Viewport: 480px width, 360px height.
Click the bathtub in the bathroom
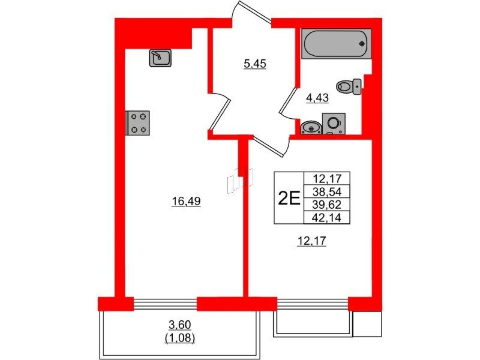point(336,43)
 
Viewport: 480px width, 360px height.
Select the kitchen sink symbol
point(160,58)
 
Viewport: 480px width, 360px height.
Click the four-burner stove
point(138,123)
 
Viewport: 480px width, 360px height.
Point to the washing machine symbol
point(334,124)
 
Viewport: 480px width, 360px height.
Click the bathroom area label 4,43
point(318,97)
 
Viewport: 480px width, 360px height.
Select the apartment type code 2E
point(289,198)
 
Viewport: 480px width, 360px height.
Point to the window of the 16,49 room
point(165,304)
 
